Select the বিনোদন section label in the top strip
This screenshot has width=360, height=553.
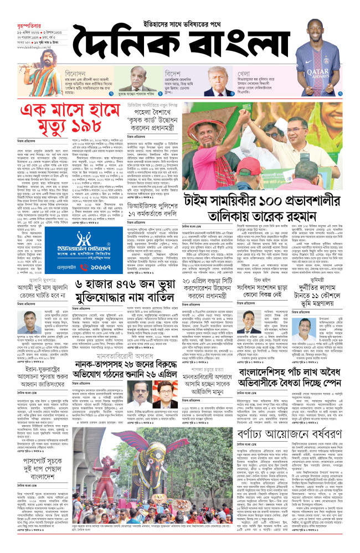click(x=75, y=73)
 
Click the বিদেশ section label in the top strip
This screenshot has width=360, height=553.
click(x=173, y=73)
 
